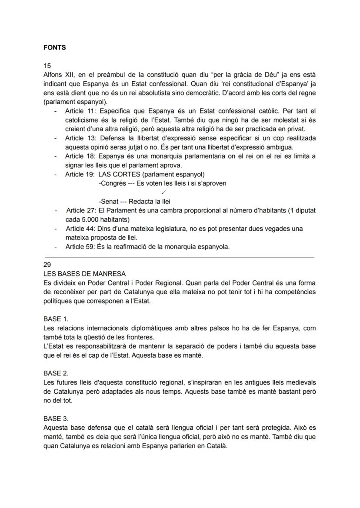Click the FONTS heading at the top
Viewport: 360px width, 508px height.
pyautogui.click(x=54, y=48)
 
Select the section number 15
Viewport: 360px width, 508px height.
pyautogui.click(x=47, y=66)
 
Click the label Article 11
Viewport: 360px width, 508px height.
pyautogui.click(x=80, y=111)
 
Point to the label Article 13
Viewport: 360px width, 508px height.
pyautogui.click(x=80, y=138)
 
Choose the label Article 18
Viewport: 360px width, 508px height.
pyautogui.click(x=80, y=156)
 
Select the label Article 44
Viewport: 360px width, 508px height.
pyautogui.click(x=80, y=229)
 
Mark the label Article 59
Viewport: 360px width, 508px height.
pyautogui.click(x=80, y=247)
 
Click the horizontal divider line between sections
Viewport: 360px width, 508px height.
pyautogui.click(x=178, y=257)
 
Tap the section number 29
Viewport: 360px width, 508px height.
pyautogui.click(x=47, y=265)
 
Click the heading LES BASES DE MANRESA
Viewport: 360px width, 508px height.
pyautogui.click(x=84, y=274)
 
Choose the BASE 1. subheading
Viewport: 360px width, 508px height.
pyautogui.click(x=56, y=319)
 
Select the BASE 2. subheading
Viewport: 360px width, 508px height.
pyautogui.click(x=56, y=373)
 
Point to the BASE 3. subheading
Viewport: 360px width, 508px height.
pyautogui.click(x=56, y=419)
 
